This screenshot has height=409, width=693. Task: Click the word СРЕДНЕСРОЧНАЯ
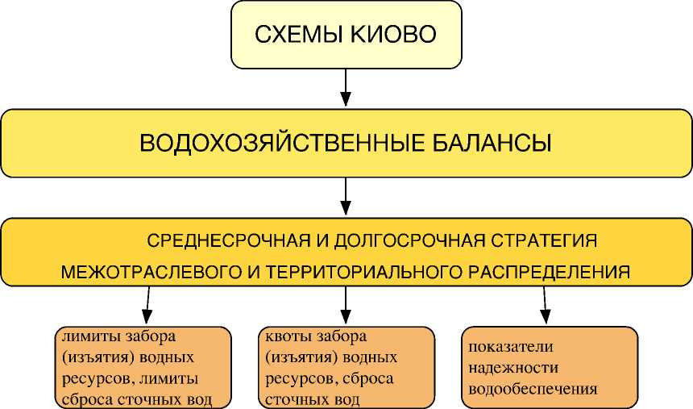tap(223, 240)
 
